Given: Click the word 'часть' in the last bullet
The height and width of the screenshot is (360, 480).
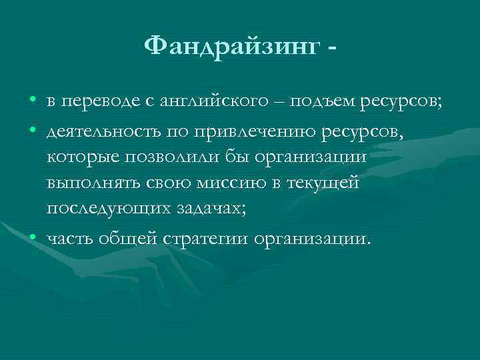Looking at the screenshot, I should point(70,238).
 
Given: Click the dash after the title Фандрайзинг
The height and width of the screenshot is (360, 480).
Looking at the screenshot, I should point(331,47).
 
